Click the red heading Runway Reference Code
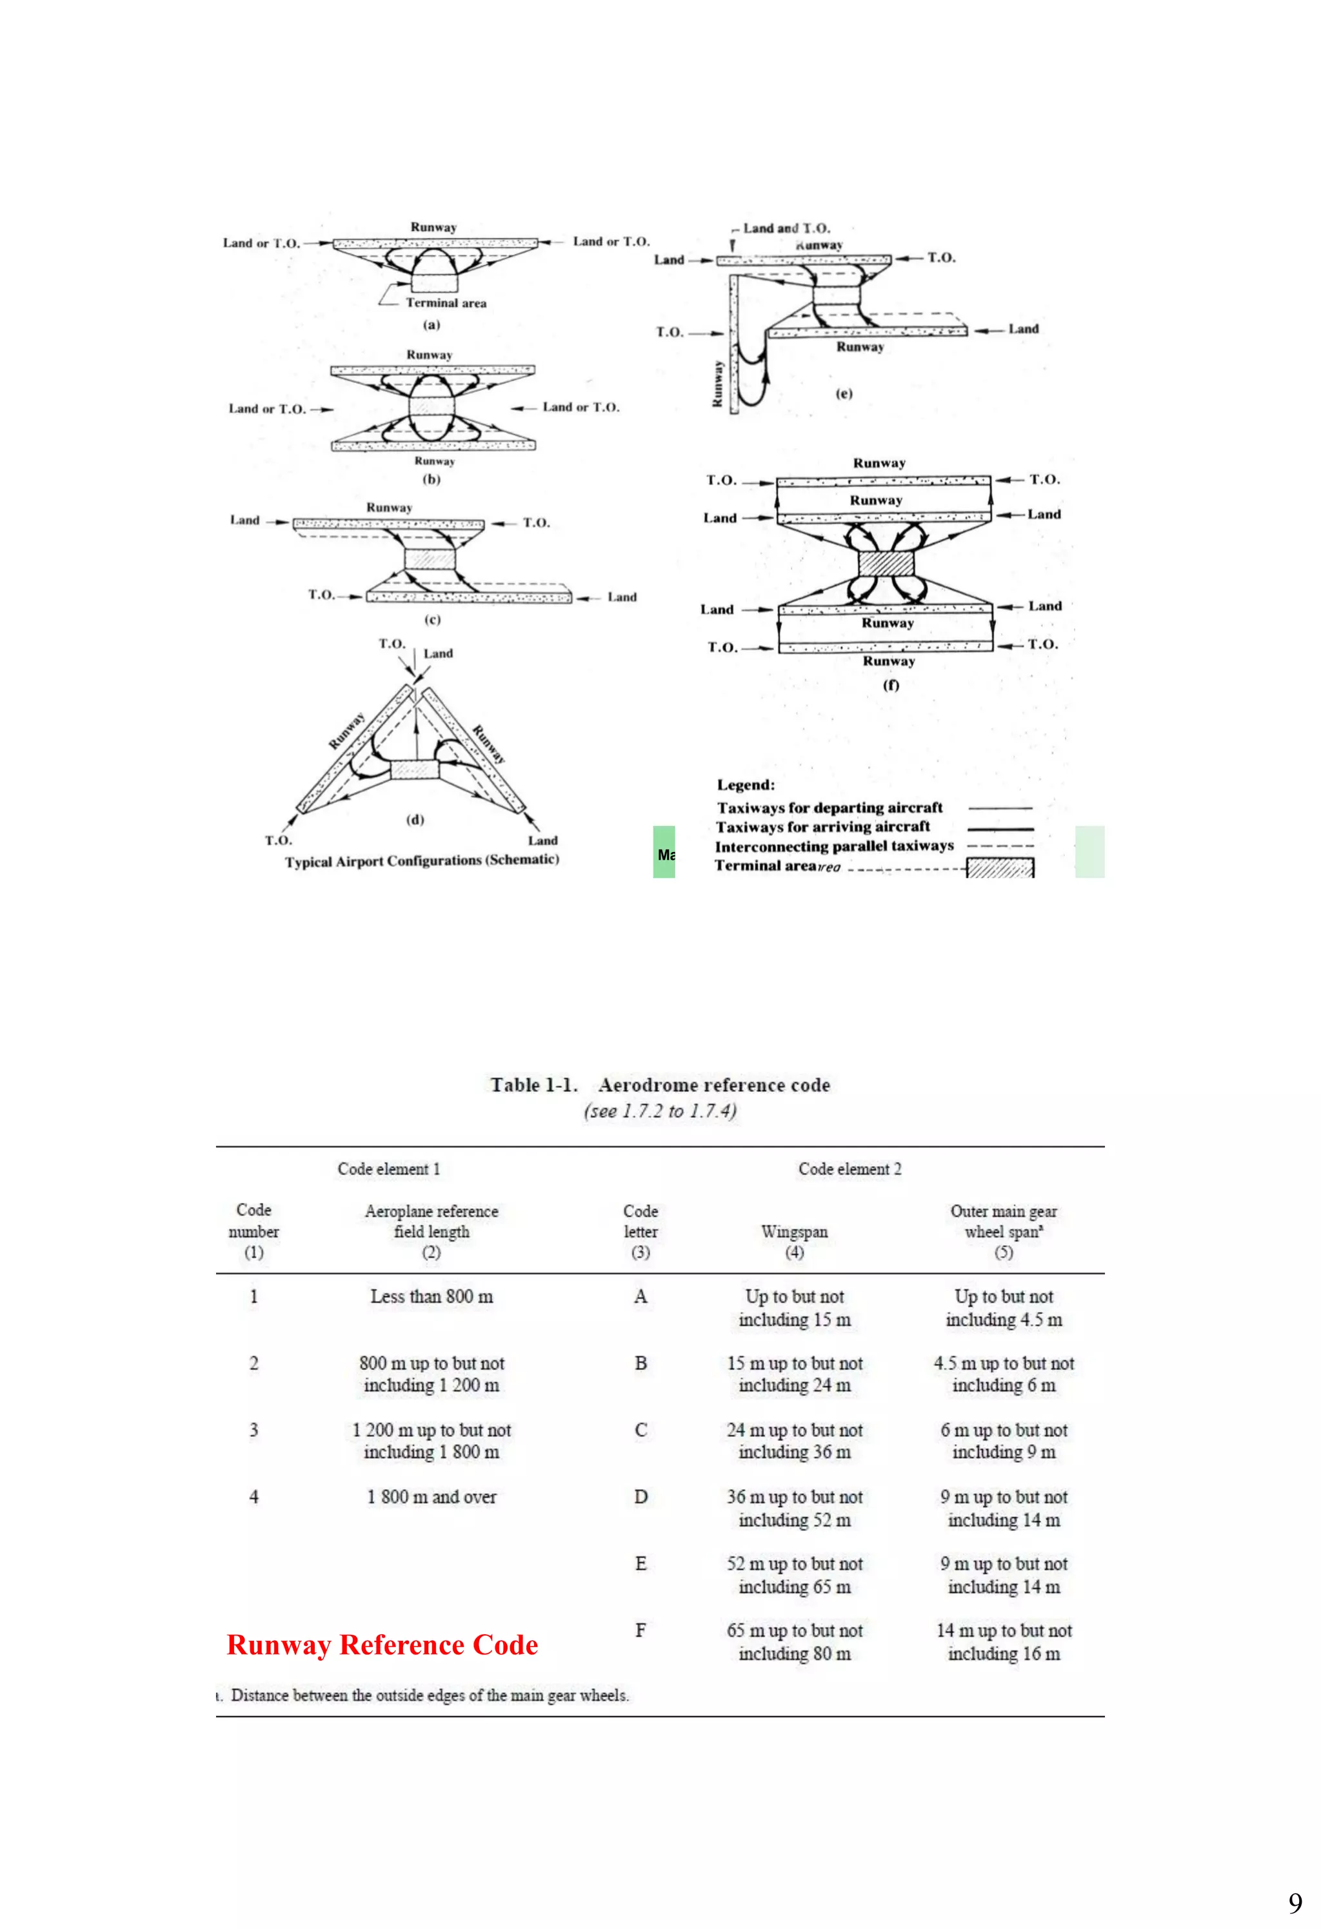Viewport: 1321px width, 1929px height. click(382, 1645)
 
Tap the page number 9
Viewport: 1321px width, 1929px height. click(1295, 1902)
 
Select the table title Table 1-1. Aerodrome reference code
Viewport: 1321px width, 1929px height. click(660, 1085)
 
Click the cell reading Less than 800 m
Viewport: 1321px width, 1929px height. click(431, 1296)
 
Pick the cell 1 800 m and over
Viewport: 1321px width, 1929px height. click(431, 1496)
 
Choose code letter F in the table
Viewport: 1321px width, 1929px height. click(640, 1630)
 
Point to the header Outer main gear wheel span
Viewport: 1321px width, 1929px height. click(1003, 1222)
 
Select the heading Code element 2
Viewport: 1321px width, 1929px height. click(849, 1169)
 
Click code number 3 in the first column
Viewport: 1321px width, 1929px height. click(254, 1429)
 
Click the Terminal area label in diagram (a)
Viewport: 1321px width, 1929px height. click(446, 303)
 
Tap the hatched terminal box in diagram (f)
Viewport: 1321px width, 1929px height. click(885, 564)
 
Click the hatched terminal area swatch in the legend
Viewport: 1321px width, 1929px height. click(1000, 868)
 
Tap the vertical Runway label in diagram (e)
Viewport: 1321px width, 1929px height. click(717, 384)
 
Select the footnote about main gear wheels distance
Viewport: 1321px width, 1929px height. click(428, 1696)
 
